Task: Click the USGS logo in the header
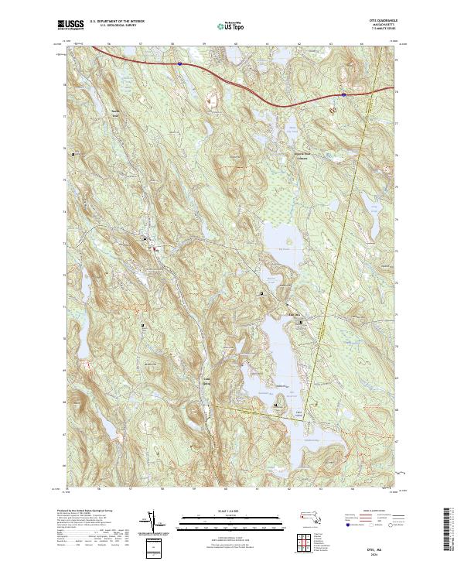pyautogui.click(x=68, y=26)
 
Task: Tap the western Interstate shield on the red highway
pyautogui.click(x=178, y=65)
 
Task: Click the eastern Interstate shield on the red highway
pyautogui.click(x=342, y=94)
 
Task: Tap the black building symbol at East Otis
pyautogui.click(x=300, y=323)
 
